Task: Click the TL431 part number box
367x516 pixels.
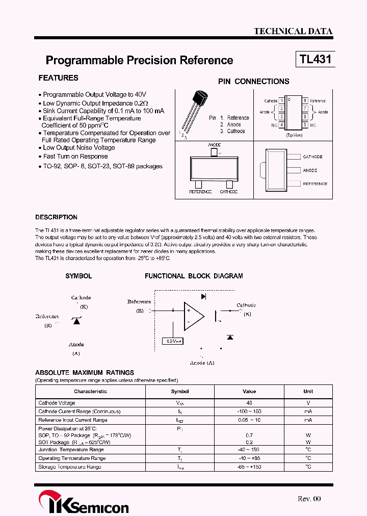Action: pyautogui.click(x=315, y=59)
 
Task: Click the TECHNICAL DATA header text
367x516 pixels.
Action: pyautogui.click(x=293, y=31)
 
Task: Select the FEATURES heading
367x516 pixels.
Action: pyautogui.click(x=58, y=78)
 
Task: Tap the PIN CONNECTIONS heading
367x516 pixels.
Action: pyautogui.click(x=253, y=82)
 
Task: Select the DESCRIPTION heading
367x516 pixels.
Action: pyautogui.click(x=56, y=217)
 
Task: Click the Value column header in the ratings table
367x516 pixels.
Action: pyautogui.click(x=249, y=392)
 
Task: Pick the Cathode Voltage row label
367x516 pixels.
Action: pyautogui.click(x=57, y=403)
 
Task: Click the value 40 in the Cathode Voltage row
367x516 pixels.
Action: pyautogui.click(x=249, y=403)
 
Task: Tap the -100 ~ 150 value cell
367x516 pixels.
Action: pyautogui.click(x=249, y=411)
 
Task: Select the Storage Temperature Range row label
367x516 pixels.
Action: pyautogui.click(x=69, y=467)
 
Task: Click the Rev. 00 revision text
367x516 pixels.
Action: pyautogui.click(x=309, y=499)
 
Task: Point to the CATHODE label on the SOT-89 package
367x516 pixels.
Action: pyautogui.click(x=312, y=157)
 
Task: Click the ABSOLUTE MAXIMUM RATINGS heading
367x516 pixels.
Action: pyautogui.click(x=85, y=373)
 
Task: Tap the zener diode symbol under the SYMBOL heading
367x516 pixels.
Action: pyautogui.click(x=76, y=321)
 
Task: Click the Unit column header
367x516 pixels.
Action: pyautogui.click(x=308, y=392)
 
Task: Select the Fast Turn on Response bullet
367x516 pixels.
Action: pyautogui.click(x=75, y=157)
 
